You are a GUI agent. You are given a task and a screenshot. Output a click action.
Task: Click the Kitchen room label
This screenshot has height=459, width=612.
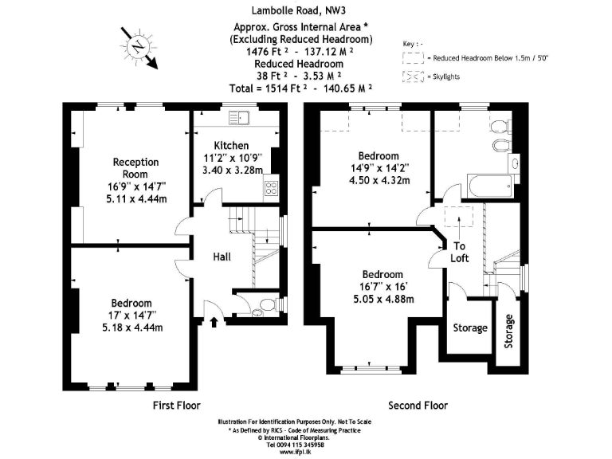tap(231, 146)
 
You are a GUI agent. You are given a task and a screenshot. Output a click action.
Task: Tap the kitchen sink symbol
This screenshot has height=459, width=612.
tap(239, 118)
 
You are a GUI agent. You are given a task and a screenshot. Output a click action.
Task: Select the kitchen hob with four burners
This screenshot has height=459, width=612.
tap(271, 188)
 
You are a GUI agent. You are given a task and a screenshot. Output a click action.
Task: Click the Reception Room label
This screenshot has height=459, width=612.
tap(135, 168)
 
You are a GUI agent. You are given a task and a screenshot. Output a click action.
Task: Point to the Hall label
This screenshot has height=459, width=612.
tap(222, 257)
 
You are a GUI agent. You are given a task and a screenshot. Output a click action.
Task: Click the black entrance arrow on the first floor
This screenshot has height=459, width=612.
tap(214, 322)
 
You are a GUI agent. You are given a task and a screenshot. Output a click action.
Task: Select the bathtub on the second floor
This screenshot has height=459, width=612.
tap(490, 186)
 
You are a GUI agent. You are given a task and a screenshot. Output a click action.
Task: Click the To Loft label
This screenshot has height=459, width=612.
tap(459, 252)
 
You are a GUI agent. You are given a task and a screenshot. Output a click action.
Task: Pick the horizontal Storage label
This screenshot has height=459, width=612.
tap(470, 328)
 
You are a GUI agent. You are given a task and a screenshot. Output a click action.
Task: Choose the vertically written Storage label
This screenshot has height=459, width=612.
tap(508, 331)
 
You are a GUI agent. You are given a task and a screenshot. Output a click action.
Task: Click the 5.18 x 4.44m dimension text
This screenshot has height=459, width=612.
tap(132, 328)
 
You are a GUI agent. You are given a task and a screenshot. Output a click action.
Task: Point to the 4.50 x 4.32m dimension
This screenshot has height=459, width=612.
tap(379, 180)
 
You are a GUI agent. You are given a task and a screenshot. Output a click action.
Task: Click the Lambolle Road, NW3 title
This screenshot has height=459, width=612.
tap(299, 10)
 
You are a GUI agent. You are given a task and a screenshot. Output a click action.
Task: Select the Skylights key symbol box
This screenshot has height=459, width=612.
tap(413, 76)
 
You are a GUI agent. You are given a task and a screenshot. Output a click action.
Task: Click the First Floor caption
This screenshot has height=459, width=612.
tap(176, 406)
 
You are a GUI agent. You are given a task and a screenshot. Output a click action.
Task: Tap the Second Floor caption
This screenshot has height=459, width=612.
tap(418, 406)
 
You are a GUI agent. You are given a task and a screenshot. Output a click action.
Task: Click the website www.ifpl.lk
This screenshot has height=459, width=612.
tap(295, 452)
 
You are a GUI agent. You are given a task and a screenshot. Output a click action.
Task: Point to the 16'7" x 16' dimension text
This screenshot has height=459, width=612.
tap(383, 287)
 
